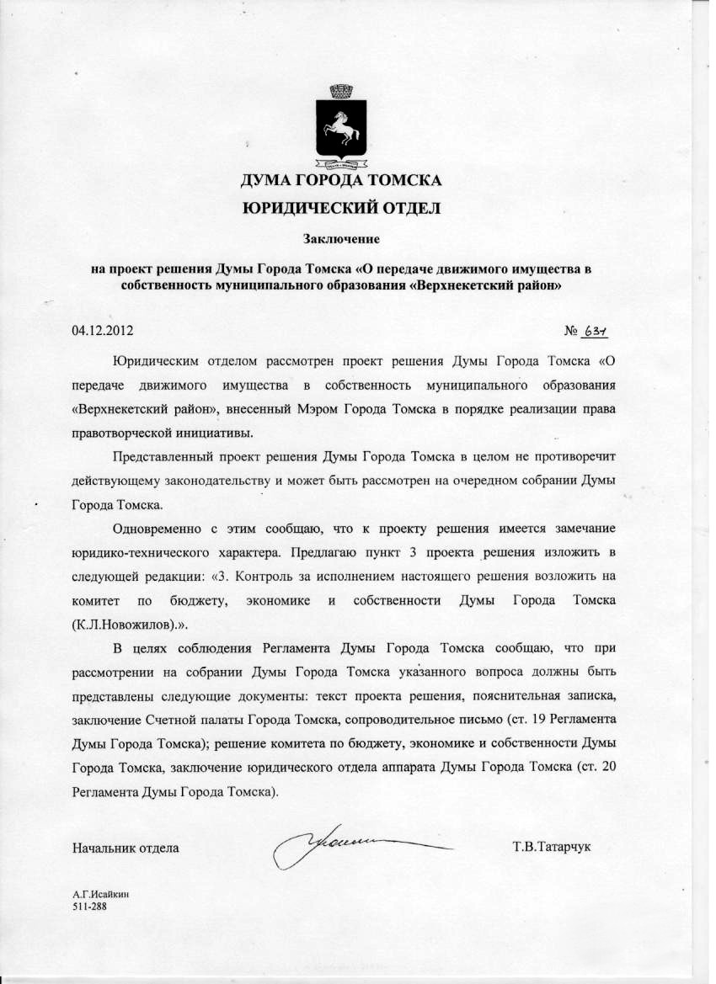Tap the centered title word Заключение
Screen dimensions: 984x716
(x=343, y=239)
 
